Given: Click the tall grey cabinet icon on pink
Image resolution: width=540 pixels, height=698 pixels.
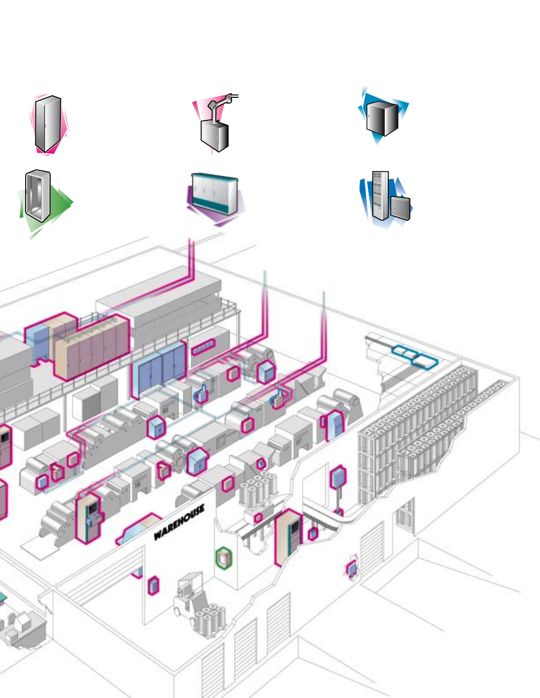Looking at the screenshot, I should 48,124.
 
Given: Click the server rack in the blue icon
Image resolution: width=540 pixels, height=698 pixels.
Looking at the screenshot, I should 380,195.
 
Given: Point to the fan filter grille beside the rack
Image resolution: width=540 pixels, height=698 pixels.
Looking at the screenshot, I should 401,208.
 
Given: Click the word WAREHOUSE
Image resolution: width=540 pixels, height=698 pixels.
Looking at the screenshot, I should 179,522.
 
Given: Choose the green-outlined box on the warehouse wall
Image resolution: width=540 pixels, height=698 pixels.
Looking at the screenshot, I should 224,557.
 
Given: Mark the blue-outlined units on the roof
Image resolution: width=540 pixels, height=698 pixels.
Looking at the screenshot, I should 415,356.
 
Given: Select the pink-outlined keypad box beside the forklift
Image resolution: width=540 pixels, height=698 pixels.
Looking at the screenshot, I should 153,586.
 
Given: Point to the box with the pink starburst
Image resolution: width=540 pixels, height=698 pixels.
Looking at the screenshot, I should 352,569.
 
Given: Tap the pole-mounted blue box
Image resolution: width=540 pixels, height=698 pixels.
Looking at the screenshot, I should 338,477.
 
